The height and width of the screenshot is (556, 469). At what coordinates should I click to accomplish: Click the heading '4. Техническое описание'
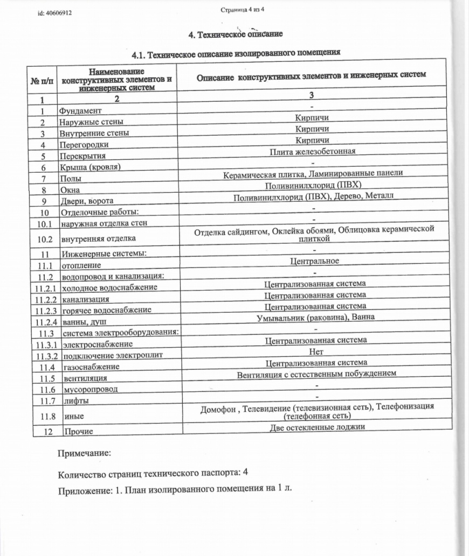point(235,34)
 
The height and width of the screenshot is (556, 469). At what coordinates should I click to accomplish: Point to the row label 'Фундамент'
point(80,111)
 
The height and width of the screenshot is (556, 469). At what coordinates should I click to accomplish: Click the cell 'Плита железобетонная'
point(313,152)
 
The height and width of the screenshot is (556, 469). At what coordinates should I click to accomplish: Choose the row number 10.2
point(45,238)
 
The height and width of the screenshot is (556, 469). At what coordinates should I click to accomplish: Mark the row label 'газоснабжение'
point(91,367)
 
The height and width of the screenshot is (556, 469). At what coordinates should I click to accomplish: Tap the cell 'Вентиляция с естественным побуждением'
point(316,374)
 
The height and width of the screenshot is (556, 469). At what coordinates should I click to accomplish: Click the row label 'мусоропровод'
point(90,389)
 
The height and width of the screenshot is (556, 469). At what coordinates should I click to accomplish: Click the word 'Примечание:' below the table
point(84,453)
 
